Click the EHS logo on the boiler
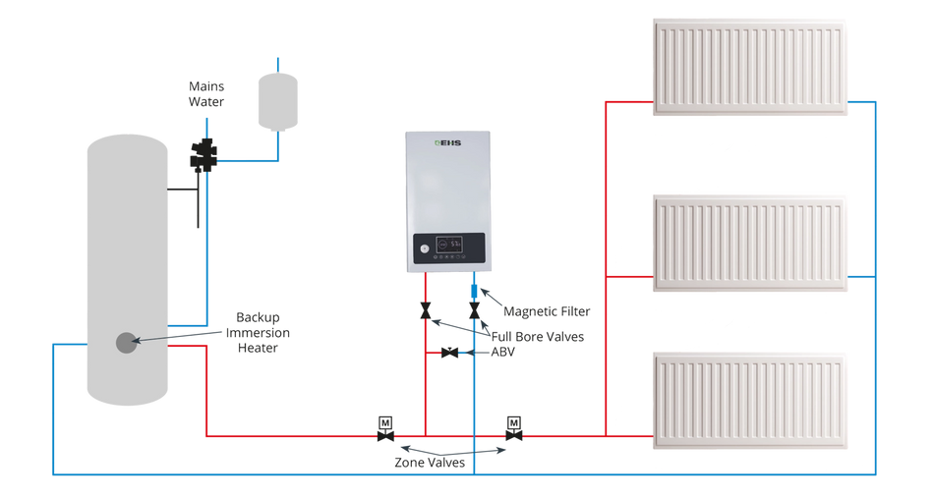447,146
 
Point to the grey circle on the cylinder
126,343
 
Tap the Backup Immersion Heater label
258,331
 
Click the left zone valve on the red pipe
384,427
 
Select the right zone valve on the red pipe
513,427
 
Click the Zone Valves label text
430,462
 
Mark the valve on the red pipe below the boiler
424,313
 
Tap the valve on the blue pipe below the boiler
474,313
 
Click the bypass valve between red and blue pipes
449,352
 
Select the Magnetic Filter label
548,313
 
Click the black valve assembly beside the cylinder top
204,155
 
